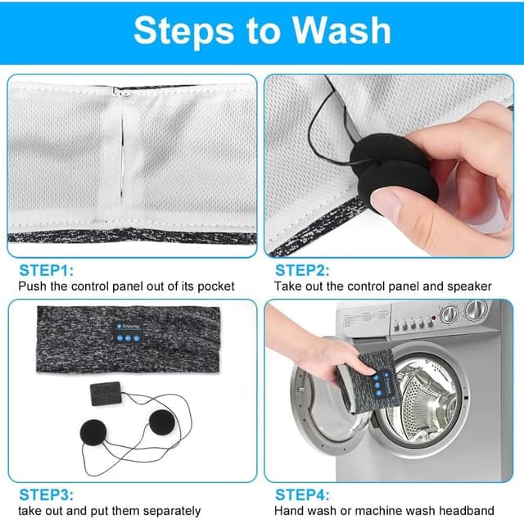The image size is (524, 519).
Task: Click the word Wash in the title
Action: pyautogui.click(x=341, y=30)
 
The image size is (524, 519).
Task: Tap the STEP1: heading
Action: pyautogui.click(x=46, y=270)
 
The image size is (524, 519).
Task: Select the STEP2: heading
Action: pyautogui.click(x=302, y=270)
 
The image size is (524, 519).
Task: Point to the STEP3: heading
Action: pyautogui.click(x=46, y=495)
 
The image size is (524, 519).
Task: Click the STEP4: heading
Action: pyautogui.click(x=302, y=495)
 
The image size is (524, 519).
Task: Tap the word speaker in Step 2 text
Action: pyautogui.click(x=469, y=287)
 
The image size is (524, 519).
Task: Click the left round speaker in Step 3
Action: pyautogui.click(x=93, y=433)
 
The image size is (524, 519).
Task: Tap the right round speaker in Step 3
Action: pyautogui.click(x=162, y=422)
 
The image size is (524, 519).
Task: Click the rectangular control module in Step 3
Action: pyautogui.click(x=106, y=394)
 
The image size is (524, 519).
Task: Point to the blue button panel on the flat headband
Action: pyautogui.click(x=128, y=332)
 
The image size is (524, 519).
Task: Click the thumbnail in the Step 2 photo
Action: pyautogui.click(x=386, y=202)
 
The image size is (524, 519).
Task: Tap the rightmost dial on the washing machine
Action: pyautogui.click(x=477, y=309)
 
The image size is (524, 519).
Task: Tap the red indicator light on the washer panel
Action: pyautogui.click(x=434, y=317)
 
